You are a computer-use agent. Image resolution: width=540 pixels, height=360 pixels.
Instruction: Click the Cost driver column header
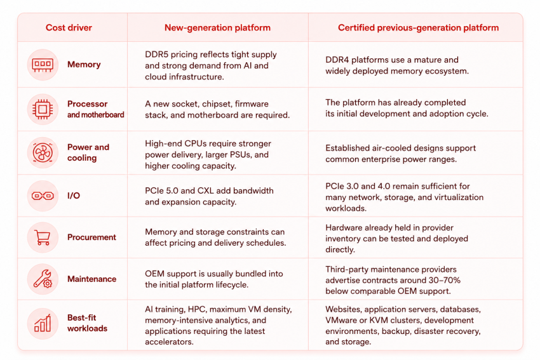click(x=69, y=27)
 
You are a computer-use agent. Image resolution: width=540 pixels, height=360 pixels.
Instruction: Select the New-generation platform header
click(x=217, y=27)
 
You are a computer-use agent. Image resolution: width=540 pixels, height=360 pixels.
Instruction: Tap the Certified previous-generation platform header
click(x=418, y=27)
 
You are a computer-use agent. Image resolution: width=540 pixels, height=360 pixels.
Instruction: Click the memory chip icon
click(x=43, y=65)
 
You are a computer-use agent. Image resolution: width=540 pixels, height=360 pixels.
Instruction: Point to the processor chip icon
click(x=43, y=109)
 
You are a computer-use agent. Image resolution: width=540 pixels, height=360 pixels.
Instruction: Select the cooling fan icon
click(x=43, y=152)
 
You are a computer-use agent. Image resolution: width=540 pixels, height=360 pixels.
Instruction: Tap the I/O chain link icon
click(x=43, y=196)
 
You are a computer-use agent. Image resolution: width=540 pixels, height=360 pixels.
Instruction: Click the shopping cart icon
click(x=43, y=237)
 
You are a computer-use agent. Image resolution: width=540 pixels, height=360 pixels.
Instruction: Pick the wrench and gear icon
click(x=43, y=279)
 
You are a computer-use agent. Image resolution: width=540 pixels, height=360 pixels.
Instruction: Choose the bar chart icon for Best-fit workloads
click(x=43, y=323)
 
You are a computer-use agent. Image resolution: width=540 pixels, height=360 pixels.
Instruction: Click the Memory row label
click(x=84, y=64)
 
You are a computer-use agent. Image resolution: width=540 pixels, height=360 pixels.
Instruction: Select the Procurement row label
click(x=91, y=237)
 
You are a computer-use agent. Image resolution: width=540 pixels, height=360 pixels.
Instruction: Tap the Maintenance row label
click(x=91, y=279)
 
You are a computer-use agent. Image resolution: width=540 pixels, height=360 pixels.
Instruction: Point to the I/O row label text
click(x=74, y=196)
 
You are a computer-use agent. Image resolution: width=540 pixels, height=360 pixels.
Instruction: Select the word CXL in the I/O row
click(x=206, y=190)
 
